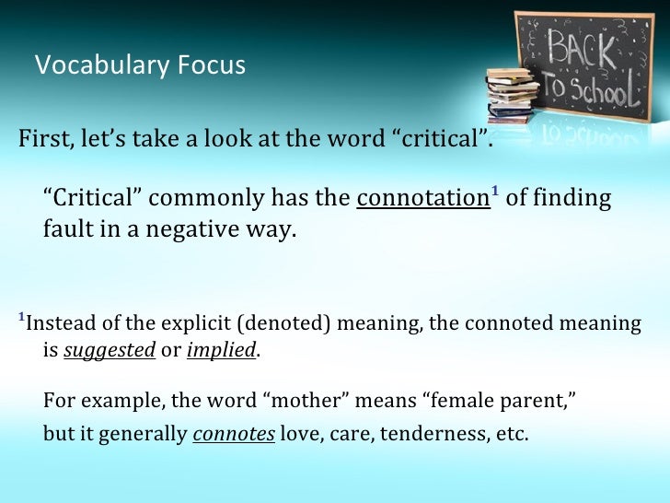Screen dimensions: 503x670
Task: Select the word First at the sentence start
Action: coord(41,139)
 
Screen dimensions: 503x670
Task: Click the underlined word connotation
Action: coord(422,199)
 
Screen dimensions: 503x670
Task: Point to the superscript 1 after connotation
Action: coord(494,193)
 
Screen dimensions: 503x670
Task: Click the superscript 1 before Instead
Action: coord(21,318)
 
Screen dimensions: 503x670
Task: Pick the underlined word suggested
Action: coord(109,351)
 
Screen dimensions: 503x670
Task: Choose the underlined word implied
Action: coord(222,351)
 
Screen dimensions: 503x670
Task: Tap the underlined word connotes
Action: coord(234,435)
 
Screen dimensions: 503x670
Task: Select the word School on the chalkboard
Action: coord(602,89)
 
